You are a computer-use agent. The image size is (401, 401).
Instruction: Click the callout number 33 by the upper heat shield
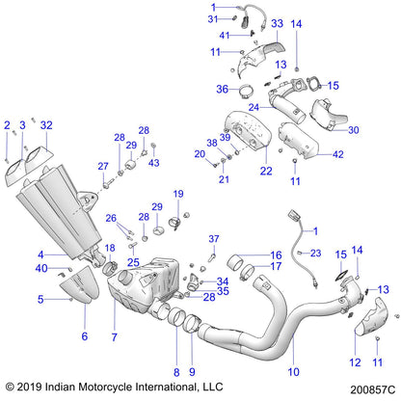point(277,22)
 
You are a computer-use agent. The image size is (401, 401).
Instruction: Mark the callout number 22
point(238,172)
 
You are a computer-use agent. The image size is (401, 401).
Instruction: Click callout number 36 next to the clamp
point(221,90)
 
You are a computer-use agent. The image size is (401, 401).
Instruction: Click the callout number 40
point(41,268)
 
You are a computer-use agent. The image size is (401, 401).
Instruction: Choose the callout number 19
point(177,195)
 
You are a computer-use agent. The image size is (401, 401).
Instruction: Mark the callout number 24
point(254,108)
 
